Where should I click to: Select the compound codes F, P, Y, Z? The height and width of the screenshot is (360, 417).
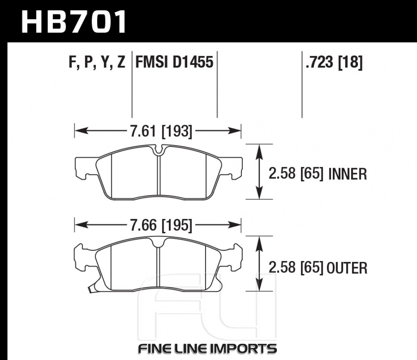(95, 63)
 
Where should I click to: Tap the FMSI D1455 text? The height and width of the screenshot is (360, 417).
(174, 63)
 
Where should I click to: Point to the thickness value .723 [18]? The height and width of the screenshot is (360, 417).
(334, 63)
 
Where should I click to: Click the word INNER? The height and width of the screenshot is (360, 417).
(348, 174)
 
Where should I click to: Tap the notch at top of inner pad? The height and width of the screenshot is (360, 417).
(158, 149)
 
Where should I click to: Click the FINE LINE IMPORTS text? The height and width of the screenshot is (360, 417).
(207, 348)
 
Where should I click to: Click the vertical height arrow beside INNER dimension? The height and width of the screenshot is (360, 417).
(260, 172)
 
